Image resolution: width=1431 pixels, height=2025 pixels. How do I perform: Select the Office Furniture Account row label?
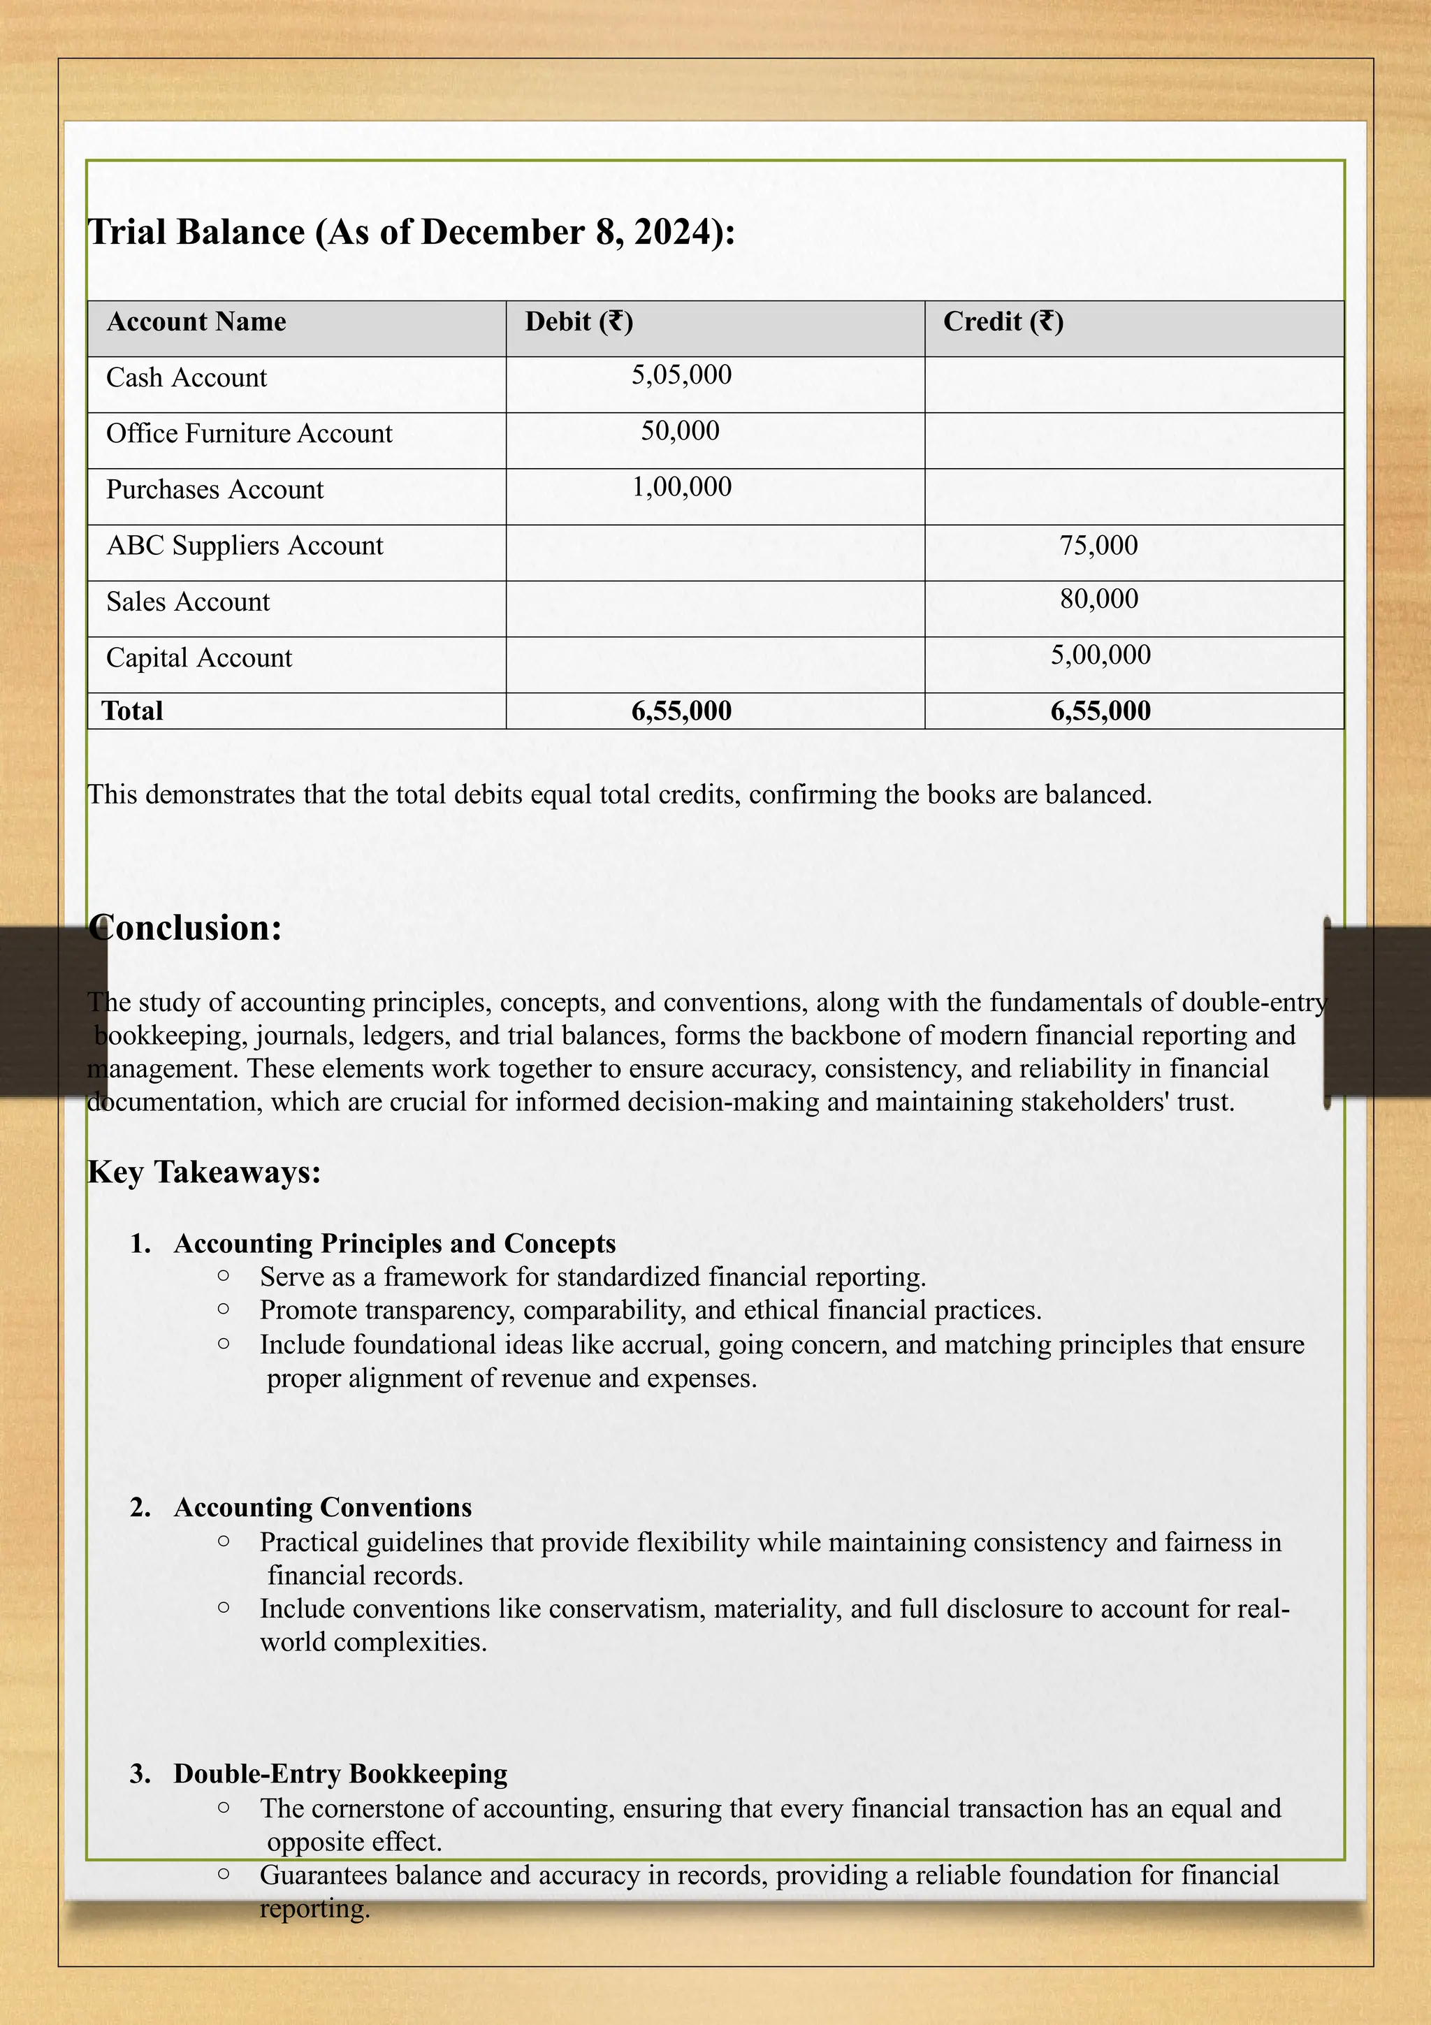(x=249, y=433)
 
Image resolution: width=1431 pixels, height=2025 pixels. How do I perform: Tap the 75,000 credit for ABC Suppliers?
(x=1098, y=545)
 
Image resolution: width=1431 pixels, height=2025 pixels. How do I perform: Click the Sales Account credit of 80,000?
(x=1098, y=599)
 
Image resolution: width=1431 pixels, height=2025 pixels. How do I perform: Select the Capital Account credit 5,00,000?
(x=1100, y=655)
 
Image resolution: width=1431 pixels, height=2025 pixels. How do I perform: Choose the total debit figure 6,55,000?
(x=681, y=711)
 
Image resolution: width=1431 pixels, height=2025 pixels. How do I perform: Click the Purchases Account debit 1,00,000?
(x=681, y=487)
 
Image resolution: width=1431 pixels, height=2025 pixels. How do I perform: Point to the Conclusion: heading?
(x=185, y=928)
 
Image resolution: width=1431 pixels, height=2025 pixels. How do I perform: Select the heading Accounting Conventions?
(x=322, y=1507)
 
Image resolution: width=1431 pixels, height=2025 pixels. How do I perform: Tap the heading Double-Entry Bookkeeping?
(x=340, y=1773)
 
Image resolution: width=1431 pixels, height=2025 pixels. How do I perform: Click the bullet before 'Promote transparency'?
(x=223, y=1309)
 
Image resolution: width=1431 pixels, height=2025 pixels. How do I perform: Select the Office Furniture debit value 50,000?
(x=680, y=430)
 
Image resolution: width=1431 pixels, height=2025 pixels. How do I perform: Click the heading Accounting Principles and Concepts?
(x=394, y=1244)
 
